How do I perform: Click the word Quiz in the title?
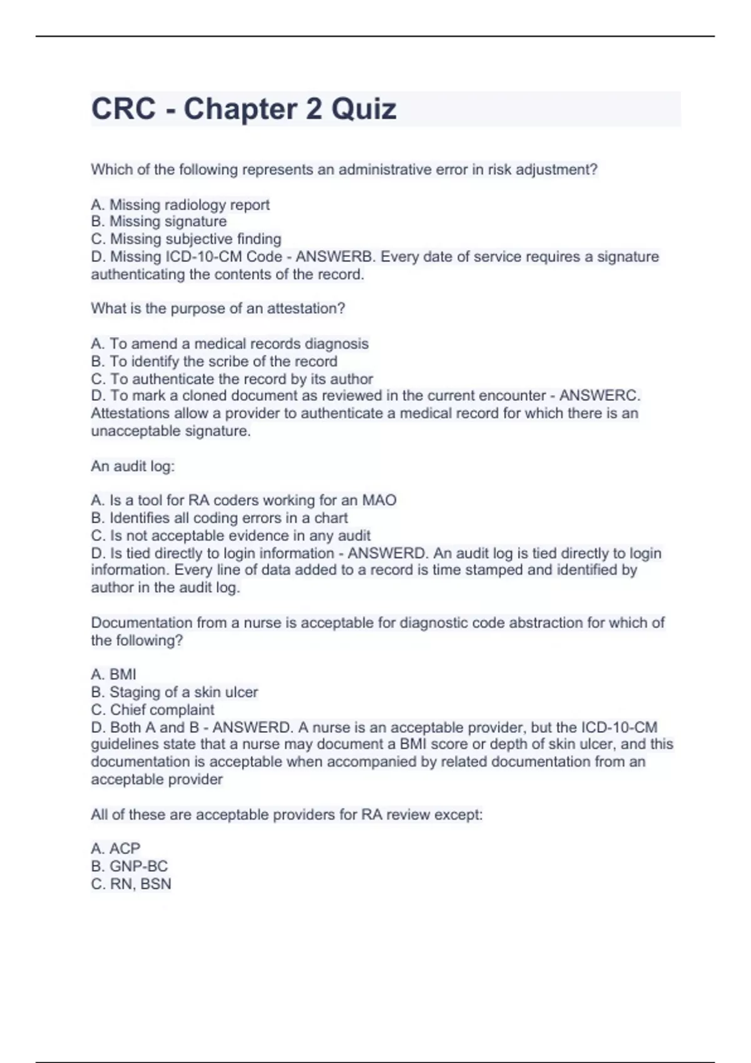point(364,109)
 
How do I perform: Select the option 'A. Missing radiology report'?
point(180,204)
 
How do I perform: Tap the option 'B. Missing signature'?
point(159,221)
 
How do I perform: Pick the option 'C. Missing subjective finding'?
point(186,239)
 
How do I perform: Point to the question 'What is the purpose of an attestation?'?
point(218,308)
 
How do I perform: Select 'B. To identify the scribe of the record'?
point(214,361)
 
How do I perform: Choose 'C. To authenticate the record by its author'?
point(232,379)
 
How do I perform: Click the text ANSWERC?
point(599,396)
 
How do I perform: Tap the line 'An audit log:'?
point(133,466)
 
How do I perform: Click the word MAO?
point(379,500)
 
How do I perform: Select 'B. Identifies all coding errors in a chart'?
point(219,518)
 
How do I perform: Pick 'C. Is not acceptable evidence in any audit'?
point(230,536)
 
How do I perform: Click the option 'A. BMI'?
point(113,674)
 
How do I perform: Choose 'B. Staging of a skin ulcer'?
point(174,692)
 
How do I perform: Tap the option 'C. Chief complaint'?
point(152,710)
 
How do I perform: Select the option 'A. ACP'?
point(116,849)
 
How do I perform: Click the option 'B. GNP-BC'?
point(129,866)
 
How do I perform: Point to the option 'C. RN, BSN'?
point(131,884)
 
